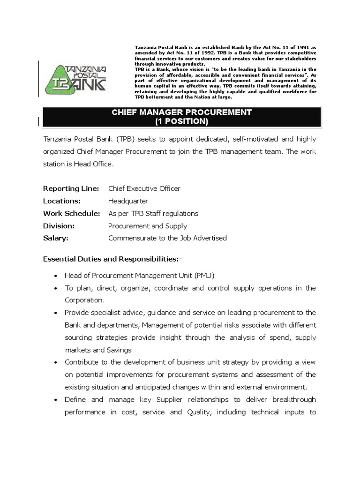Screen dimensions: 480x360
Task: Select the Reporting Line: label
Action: click(x=71, y=188)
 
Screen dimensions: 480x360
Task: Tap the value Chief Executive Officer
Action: click(x=144, y=188)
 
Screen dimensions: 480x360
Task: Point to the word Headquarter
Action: click(x=128, y=201)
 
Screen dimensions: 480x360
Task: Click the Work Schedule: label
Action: click(x=72, y=213)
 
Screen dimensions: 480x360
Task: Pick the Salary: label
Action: click(x=56, y=238)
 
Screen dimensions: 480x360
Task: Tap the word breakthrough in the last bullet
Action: click(x=294, y=399)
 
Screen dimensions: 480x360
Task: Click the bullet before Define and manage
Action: click(x=56, y=400)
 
